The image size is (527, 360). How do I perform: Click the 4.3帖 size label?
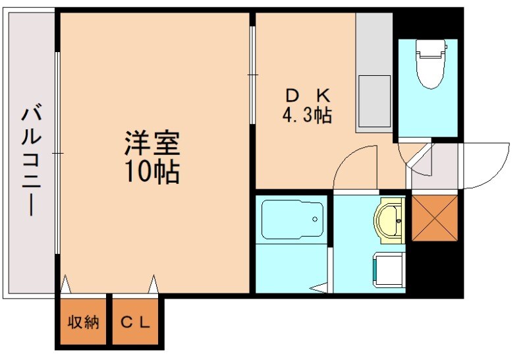click(x=307, y=116)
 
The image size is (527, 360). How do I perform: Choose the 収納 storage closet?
click(x=83, y=322)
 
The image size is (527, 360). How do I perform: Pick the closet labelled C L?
click(x=136, y=322)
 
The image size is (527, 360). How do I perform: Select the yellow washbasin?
click(x=391, y=220)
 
